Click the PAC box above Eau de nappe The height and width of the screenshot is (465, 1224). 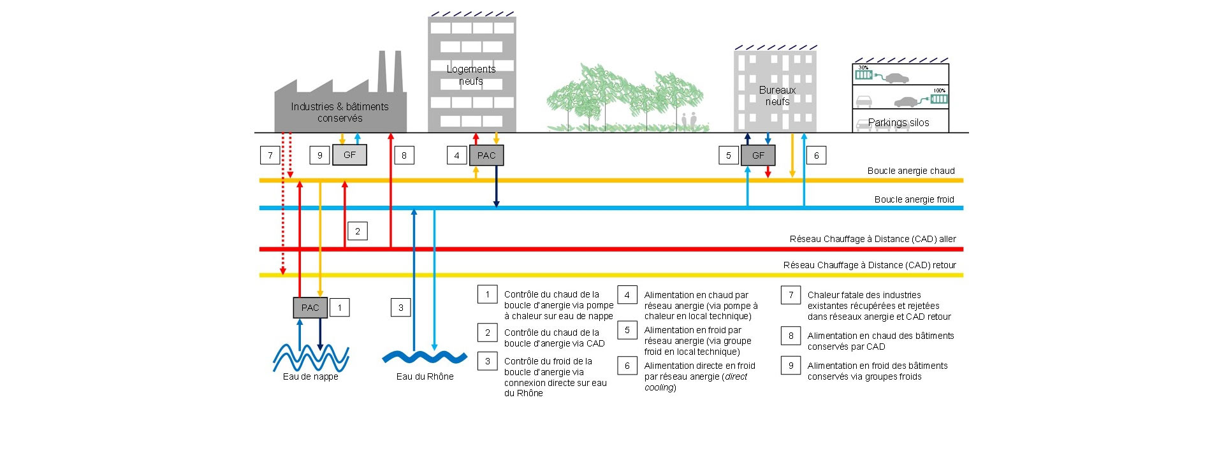coord(310,308)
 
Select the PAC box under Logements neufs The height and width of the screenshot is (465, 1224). coord(486,155)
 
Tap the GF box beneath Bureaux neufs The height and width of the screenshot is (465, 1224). coord(758,155)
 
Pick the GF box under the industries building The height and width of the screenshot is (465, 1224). coord(349,155)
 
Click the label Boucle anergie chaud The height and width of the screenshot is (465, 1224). coord(910,171)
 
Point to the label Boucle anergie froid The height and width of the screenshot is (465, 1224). coord(914,199)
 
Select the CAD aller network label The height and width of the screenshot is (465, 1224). coord(872,239)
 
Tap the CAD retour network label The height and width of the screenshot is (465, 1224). coord(869,265)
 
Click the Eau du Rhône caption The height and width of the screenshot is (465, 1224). coord(425,376)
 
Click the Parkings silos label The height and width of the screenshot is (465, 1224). coord(898,122)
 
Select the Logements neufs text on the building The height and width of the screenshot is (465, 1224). coord(471,75)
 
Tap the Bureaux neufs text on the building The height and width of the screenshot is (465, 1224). coord(777,96)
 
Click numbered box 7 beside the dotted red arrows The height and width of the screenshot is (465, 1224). coord(270,155)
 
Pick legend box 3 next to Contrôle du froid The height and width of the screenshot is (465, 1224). coord(488,361)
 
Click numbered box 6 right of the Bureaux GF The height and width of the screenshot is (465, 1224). coord(816,155)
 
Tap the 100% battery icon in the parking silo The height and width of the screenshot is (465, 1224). coord(938,99)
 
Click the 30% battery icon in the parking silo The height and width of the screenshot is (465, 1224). coord(863,75)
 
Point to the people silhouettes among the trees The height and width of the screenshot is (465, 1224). coord(688,120)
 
